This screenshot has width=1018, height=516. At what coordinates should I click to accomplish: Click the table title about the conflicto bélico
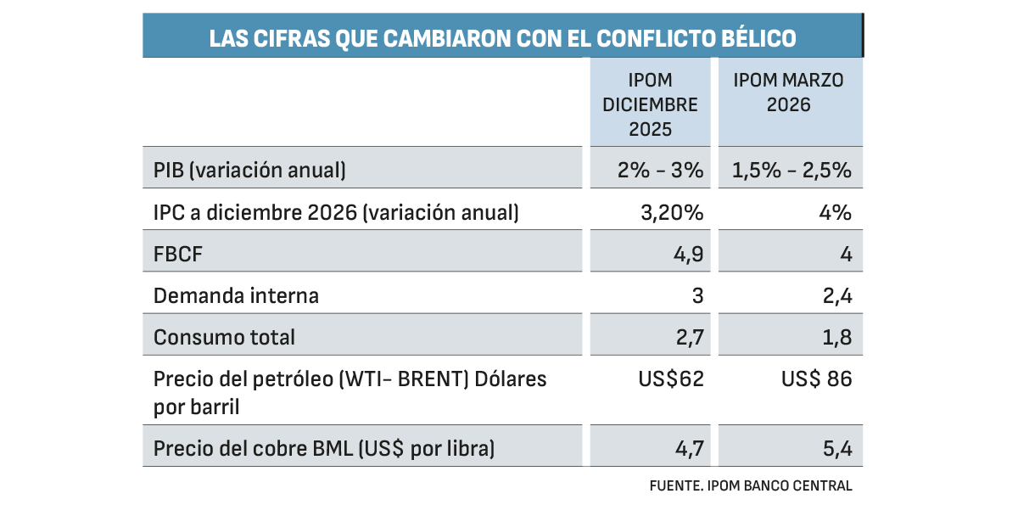[x=502, y=39]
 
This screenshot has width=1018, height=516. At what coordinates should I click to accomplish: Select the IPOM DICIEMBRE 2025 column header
[x=651, y=105]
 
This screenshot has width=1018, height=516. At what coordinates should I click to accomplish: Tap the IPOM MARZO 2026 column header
[x=789, y=93]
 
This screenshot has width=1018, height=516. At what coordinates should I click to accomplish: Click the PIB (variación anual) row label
[x=250, y=170]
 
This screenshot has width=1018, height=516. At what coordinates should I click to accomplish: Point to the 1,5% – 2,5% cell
[x=791, y=170]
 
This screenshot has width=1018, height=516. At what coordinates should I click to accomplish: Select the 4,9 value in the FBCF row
[x=690, y=254]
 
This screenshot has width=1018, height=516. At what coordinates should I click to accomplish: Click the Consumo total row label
[x=225, y=337]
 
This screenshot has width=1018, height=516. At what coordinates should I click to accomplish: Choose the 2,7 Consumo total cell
[x=691, y=337]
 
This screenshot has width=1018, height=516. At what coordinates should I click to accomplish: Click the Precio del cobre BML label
[x=324, y=448]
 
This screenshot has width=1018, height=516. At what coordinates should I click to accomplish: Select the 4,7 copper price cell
[x=691, y=448]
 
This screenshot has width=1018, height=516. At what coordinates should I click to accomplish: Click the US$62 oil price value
[x=671, y=379]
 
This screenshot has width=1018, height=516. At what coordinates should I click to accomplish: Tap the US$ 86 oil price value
[x=816, y=379]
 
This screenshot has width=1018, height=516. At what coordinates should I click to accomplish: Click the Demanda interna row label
[x=237, y=295]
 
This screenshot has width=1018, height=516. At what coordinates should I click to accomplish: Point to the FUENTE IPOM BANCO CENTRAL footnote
[x=750, y=485]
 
